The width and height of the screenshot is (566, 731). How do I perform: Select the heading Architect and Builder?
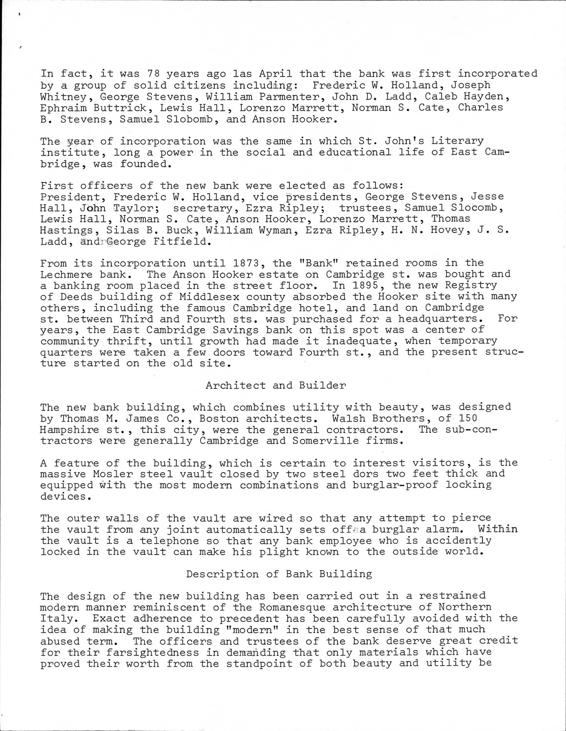click(276, 385)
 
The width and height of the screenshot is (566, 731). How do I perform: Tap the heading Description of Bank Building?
click(279, 574)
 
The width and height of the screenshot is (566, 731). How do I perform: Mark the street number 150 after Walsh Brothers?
click(467, 419)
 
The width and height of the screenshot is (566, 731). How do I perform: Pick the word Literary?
click(457, 141)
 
